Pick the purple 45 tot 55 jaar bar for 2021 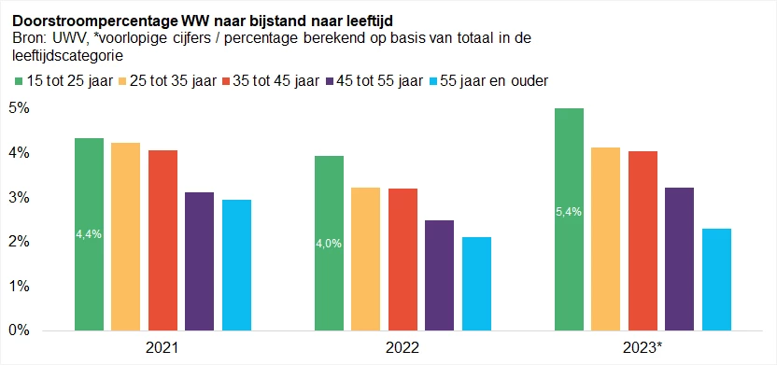tap(199, 261)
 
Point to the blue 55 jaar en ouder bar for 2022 tap(476, 284)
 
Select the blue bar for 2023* tap(716, 279)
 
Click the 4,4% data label tap(89, 234)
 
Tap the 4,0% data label tap(329, 244)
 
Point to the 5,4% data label tap(569, 212)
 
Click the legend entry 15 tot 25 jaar tap(72, 80)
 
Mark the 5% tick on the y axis tap(20, 108)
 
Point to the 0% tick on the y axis tap(20, 330)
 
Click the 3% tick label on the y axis tap(20, 198)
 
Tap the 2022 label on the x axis tap(403, 347)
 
